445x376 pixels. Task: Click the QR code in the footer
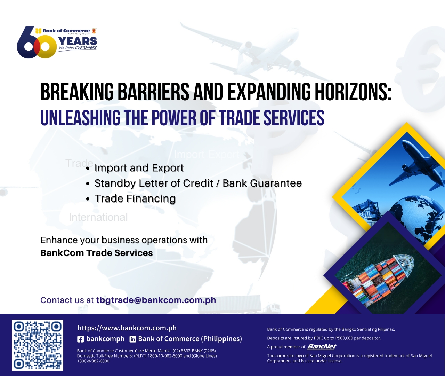tap(38, 345)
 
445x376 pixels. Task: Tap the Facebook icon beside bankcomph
tap(80, 339)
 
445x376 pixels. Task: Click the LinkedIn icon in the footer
tap(133, 339)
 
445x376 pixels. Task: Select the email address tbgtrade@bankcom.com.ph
tap(156, 300)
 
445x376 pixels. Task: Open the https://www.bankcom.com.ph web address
tap(127, 328)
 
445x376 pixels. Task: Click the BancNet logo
tap(322, 347)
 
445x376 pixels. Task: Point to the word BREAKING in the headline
tap(77, 92)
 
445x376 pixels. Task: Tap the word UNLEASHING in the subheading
tap(80, 118)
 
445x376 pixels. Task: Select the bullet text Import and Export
tap(139, 168)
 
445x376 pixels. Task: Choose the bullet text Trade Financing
tap(135, 199)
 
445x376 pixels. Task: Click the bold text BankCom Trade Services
tap(97, 253)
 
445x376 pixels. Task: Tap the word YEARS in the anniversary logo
tap(78, 41)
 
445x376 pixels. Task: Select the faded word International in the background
tap(98, 217)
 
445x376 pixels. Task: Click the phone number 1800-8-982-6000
tap(93, 361)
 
